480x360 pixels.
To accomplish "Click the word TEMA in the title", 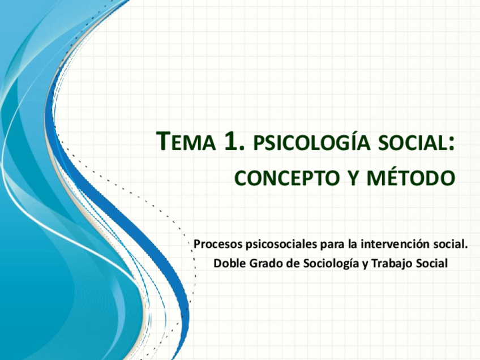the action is point(186,142).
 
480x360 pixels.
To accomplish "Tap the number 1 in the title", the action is point(231,142).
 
